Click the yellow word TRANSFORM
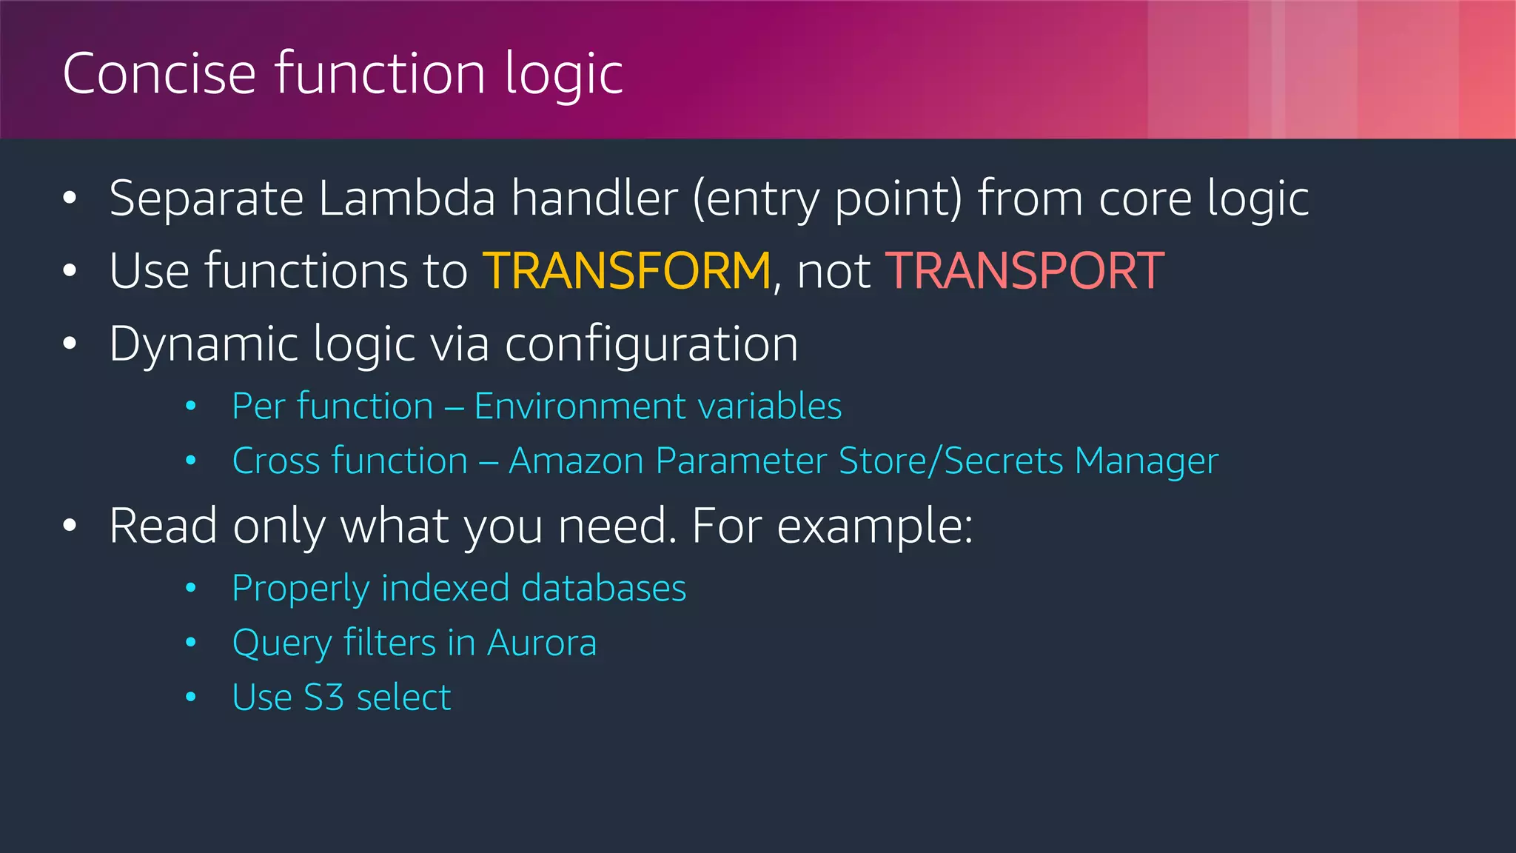[x=627, y=271]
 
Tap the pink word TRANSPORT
[x=1024, y=271]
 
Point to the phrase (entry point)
[x=828, y=200]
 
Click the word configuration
[x=651, y=345]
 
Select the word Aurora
[x=542, y=643]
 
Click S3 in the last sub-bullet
[x=324, y=698]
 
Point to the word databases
[x=603, y=589]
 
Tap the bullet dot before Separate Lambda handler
[x=70, y=198]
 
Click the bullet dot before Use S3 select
[x=191, y=698]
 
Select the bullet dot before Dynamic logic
[x=70, y=344]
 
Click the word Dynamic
[x=204, y=345]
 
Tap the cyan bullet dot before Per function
[x=191, y=406]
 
